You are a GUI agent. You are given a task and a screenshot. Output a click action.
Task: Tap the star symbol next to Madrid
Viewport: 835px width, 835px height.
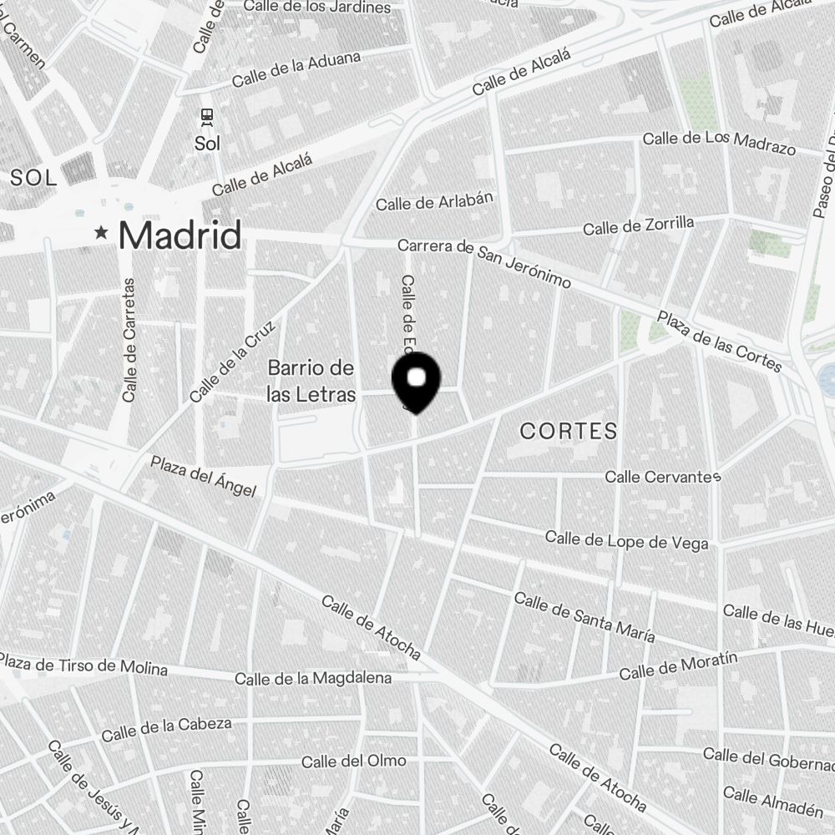[102, 233]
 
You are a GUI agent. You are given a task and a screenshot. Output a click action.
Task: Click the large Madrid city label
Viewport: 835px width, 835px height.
[180, 235]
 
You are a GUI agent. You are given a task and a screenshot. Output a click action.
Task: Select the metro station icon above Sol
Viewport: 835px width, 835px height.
[207, 117]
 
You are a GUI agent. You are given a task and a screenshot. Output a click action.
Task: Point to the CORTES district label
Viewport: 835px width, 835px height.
[569, 431]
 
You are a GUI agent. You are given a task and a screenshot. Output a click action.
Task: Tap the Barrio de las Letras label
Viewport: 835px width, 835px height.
[311, 382]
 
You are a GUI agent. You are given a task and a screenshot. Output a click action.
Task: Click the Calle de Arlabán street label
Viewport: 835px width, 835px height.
[434, 201]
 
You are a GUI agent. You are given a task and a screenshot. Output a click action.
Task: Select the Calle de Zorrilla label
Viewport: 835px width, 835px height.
[638, 225]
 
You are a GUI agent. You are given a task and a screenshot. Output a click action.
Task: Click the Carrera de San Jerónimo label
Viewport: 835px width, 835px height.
[484, 263]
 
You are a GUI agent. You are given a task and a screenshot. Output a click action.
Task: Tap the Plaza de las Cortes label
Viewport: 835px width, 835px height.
[719, 342]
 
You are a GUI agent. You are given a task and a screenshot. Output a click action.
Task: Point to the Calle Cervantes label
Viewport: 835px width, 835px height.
[662, 477]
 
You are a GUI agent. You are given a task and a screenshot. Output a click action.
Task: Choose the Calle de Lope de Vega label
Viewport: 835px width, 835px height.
[626, 540]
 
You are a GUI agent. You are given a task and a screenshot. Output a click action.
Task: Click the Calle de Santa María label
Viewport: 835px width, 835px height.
[584, 616]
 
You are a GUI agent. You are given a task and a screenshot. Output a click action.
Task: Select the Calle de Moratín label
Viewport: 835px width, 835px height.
[678, 666]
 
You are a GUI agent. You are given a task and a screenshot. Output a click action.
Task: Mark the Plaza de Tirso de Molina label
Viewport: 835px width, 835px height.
[83, 665]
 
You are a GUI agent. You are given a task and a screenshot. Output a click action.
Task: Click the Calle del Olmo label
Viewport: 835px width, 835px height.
[353, 761]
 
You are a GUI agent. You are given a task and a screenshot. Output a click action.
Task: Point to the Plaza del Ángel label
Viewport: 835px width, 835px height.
[203, 476]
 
